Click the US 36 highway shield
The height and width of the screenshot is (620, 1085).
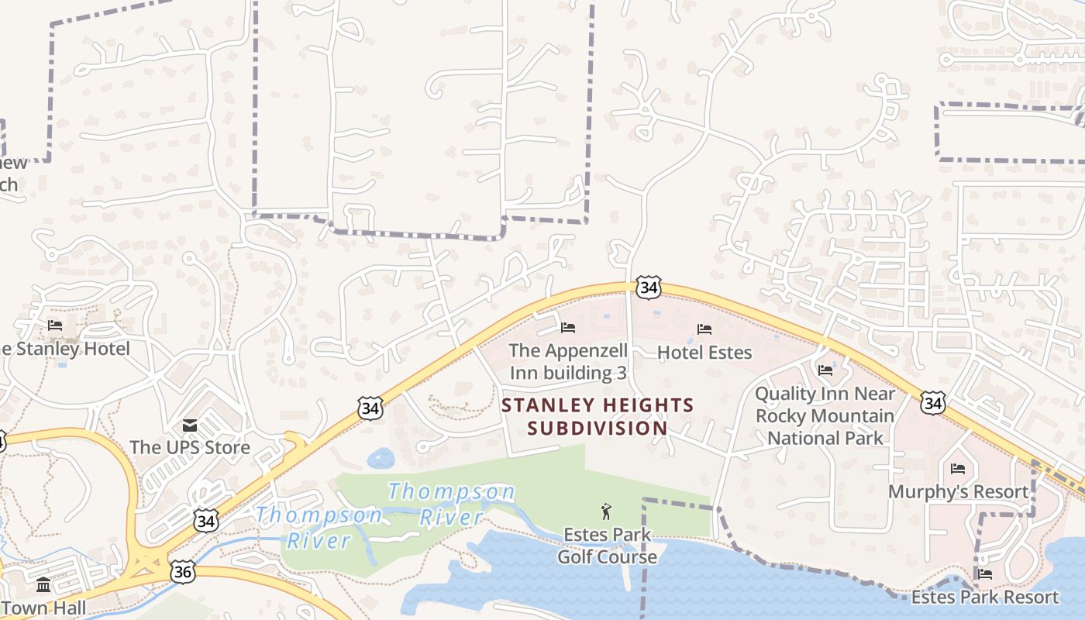[x=183, y=572]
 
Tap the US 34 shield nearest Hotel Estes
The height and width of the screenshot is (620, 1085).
[x=648, y=288]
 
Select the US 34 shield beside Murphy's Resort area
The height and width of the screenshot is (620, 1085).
[x=933, y=402]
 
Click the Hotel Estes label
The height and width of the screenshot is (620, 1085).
[x=704, y=353]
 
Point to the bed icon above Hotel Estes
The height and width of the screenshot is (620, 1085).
[x=704, y=329]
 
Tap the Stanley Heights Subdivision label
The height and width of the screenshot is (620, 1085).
[x=598, y=416]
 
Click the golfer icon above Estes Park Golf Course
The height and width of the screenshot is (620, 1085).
[x=606, y=511]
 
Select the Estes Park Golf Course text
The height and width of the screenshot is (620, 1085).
[x=608, y=546]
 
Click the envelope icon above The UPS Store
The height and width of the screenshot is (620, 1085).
[x=190, y=425]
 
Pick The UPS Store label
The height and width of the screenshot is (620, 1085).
[x=190, y=447]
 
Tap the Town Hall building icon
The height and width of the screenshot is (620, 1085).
[x=43, y=584]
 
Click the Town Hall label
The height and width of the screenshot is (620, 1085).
[x=43, y=608]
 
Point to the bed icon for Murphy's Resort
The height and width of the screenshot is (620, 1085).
[x=958, y=469]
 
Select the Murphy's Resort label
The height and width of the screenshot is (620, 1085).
[x=958, y=491]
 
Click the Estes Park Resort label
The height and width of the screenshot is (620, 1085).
[x=984, y=597]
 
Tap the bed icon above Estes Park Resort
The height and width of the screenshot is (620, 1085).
[x=985, y=574]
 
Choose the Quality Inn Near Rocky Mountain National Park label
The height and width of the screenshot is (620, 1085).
[x=825, y=415]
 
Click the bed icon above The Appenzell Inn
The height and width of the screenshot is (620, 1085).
[x=568, y=328]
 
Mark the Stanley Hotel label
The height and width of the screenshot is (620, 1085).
[x=66, y=348]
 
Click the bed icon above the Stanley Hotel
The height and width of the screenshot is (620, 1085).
[x=55, y=325]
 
